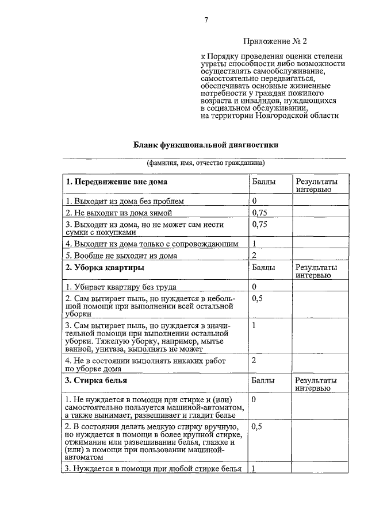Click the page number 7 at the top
click(x=205, y=21)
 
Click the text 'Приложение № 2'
click(x=275, y=41)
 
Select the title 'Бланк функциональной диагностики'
click(x=206, y=145)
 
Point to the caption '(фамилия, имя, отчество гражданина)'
click(x=205, y=163)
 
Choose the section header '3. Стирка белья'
click(x=96, y=380)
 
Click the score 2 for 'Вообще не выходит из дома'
click(x=254, y=255)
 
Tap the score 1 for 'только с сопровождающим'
click(x=254, y=244)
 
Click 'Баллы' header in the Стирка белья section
click(x=263, y=380)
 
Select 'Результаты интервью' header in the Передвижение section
click(x=316, y=186)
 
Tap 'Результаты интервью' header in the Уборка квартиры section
click(x=316, y=271)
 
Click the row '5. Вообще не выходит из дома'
click(x=121, y=255)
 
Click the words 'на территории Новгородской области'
click(x=270, y=115)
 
